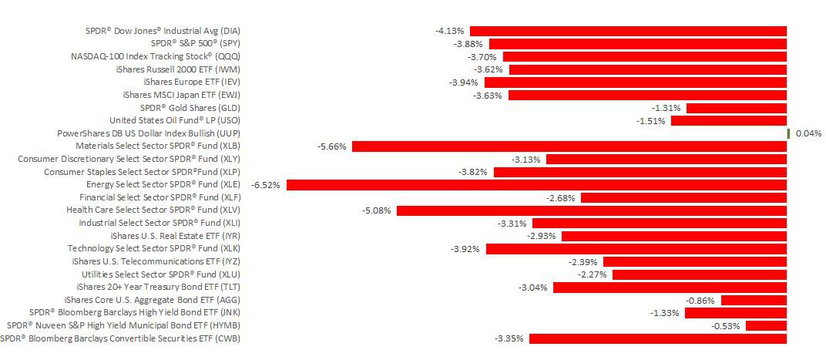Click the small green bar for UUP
[x=788, y=133]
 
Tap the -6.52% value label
[x=266, y=185]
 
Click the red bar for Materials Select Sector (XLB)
[x=569, y=146]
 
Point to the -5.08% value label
[x=376, y=210]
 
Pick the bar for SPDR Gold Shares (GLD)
[x=737, y=108]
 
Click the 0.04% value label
[x=808, y=133]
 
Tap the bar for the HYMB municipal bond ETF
[x=766, y=325]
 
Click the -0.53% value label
[x=726, y=325]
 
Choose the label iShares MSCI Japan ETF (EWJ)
[x=176, y=95]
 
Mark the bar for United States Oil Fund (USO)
[x=729, y=121]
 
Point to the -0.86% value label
[x=700, y=300]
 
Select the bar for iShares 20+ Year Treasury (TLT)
[x=670, y=288]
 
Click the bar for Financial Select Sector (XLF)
[x=683, y=197]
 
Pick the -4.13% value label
[x=450, y=31]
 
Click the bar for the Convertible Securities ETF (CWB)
[x=658, y=338]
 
